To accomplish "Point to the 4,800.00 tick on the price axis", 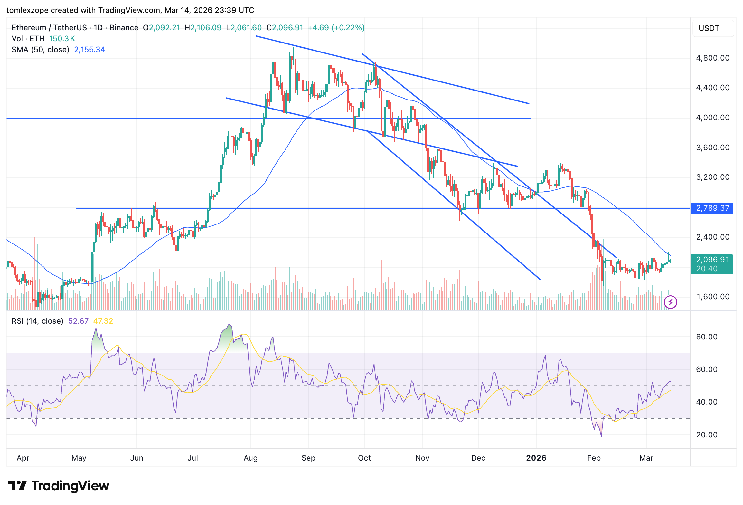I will tap(712, 58).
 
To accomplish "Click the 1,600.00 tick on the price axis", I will tap(712, 297).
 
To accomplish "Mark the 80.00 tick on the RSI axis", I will tap(707, 337).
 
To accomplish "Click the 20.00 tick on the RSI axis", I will tap(707, 435).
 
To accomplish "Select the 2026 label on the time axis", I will tap(536, 458).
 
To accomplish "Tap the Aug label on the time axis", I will tap(251, 458).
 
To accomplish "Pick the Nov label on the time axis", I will tap(422, 458).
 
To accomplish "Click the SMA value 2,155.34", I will tap(89, 50).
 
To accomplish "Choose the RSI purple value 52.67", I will tap(78, 321).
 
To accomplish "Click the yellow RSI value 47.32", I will tap(103, 321).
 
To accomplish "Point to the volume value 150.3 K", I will tap(62, 39).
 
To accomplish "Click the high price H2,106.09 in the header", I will tap(203, 28).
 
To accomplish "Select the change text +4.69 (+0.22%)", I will tap(336, 28).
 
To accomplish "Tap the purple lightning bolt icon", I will tap(671, 302).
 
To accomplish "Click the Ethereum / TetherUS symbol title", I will tap(49, 28).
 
